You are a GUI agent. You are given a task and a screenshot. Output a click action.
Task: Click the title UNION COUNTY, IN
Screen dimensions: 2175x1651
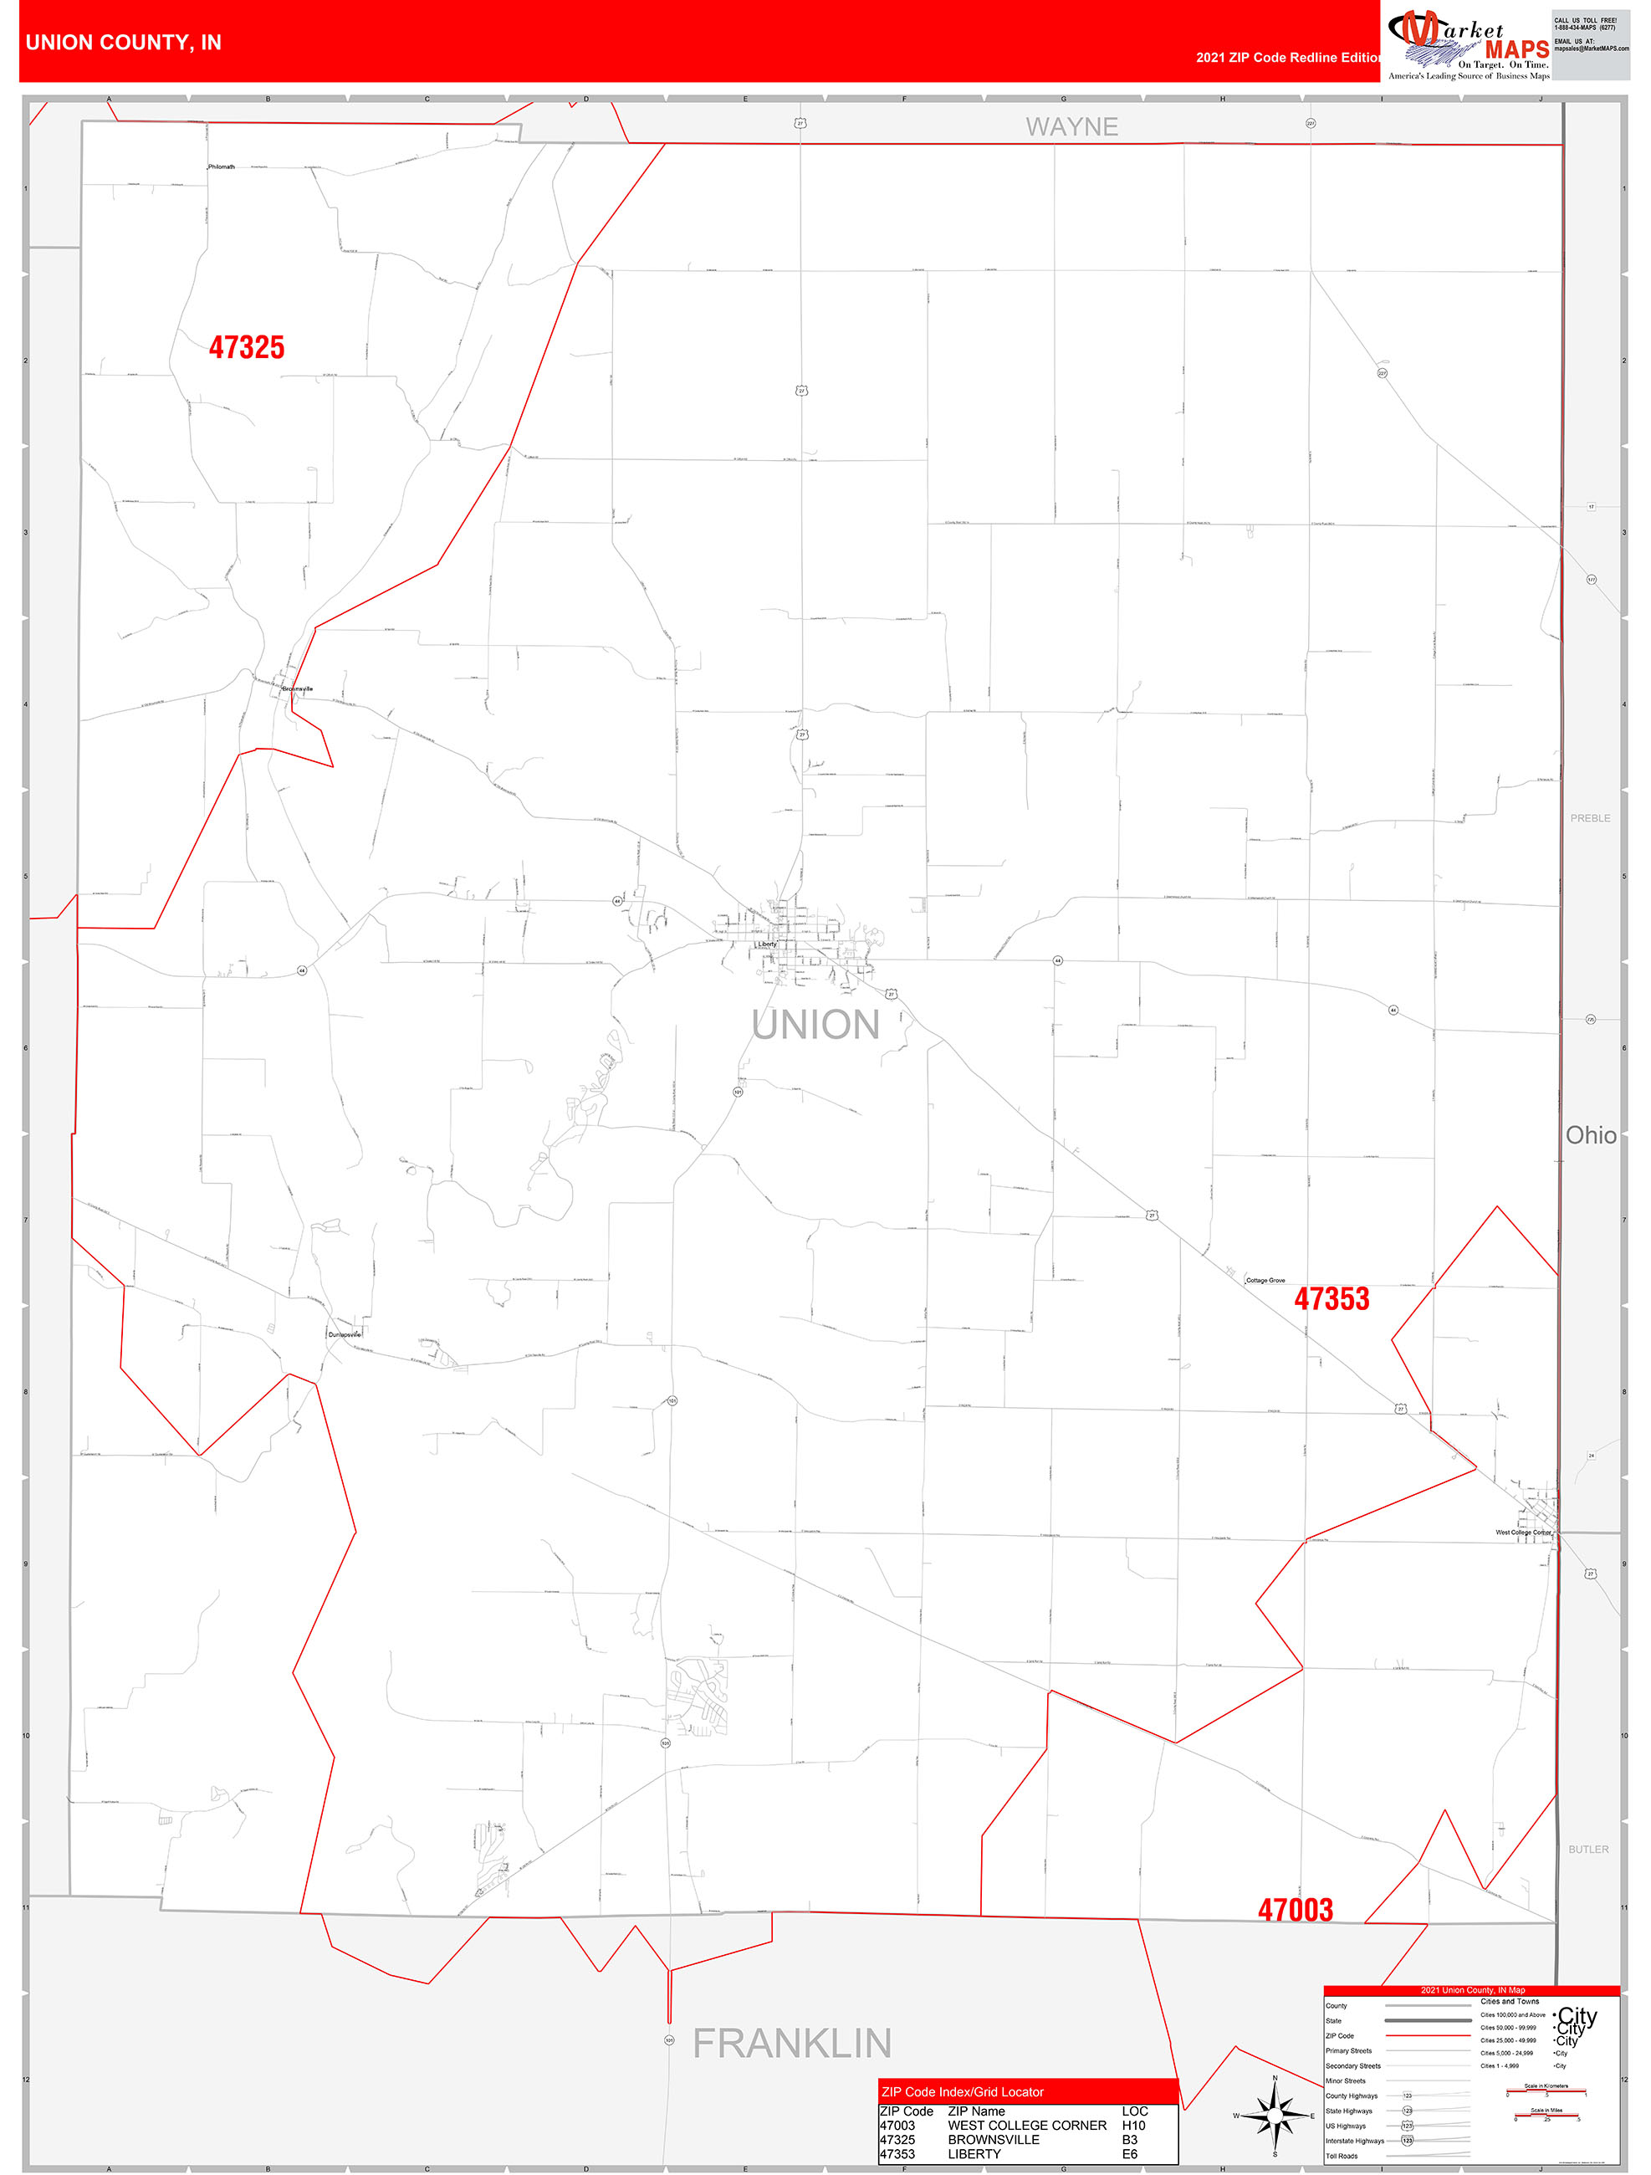pos(123,43)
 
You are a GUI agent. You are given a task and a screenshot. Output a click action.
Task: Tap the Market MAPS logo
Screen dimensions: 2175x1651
pos(1467,44)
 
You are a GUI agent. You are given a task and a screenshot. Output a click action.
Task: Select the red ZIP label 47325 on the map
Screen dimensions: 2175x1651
pos(246,347)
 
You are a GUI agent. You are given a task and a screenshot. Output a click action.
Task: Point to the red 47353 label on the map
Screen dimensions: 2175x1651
pos(1331,1299)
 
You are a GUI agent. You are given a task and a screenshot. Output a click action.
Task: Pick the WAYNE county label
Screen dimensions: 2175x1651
pos(1072,127)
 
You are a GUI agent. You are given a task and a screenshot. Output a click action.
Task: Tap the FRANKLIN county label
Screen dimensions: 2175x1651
pos(791,2043)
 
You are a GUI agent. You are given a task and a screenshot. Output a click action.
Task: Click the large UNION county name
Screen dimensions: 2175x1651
pos(815,1025)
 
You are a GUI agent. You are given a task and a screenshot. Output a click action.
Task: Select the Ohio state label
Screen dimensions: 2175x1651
pos(1590,1136)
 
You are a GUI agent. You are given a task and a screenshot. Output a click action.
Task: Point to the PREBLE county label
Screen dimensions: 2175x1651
pos(1589,818)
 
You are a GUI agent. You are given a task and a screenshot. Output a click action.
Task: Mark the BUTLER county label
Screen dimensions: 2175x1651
pos(1588,1850)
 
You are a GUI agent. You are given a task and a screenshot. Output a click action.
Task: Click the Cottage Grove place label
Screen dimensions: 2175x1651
pos(1265,1280)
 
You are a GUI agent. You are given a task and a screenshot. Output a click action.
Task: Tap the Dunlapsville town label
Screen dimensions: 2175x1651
pos(344,1334)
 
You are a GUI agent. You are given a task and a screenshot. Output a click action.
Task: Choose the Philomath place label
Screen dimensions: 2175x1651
pos(222,167)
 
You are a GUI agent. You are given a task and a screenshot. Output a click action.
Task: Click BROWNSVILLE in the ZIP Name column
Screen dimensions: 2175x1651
pos(993,2140)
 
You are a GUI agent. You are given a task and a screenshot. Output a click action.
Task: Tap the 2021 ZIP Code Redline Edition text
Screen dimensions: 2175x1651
pos(1287,57)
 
